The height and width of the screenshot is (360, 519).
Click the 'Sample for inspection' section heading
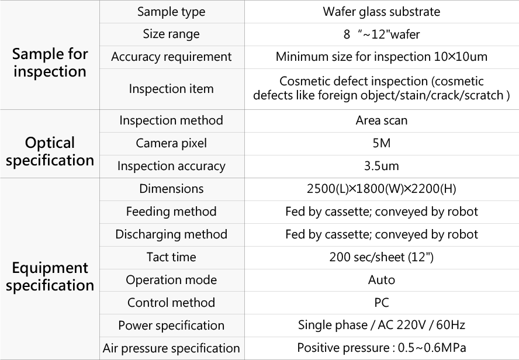tap(50, 63)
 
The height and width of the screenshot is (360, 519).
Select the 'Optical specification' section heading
tap(50, 151)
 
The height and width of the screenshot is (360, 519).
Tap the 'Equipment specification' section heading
tap(50, 276)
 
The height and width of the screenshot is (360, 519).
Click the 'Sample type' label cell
tap(171, 12)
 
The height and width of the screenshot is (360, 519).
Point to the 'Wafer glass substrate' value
tap(381, 12)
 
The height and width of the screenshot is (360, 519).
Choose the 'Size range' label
tap(171, 34)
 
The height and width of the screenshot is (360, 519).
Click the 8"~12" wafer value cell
tap(381, 34)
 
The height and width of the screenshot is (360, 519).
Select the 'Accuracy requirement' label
tap(171, 57)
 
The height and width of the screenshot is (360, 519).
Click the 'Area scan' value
tap(381, 120)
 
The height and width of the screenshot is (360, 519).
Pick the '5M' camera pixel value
tap(381, 143)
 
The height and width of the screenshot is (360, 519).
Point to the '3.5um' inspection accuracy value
tap(381, 166)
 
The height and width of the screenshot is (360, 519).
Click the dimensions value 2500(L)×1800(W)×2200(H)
tap(381, 189)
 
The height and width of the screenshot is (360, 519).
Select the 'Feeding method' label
tap(171, 212)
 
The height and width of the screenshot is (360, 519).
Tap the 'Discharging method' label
tap(171, 234)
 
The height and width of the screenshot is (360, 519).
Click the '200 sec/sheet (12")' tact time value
tap(381, 257)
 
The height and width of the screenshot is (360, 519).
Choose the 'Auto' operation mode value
tap(381, 280)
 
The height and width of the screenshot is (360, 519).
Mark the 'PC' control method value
tap(381, 303)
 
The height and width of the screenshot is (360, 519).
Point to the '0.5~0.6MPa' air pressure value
tap(432, 348)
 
